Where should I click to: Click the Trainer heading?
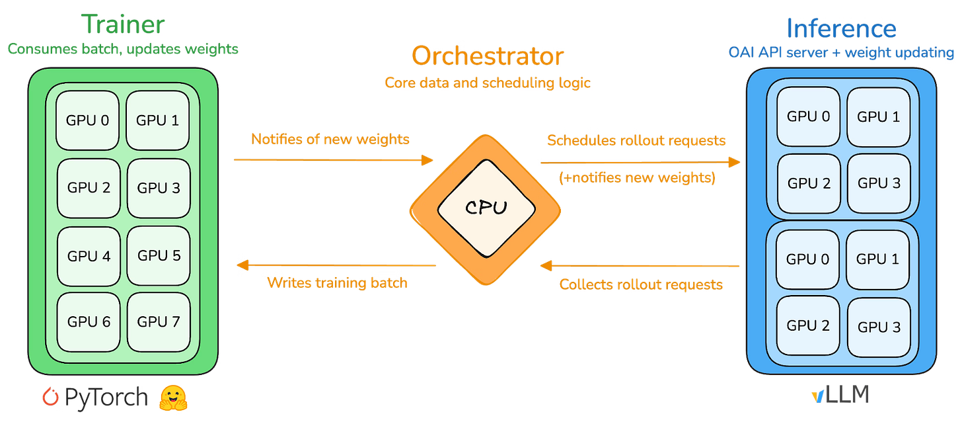click(x=124, y=24)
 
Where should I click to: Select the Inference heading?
click(x=841, y=28)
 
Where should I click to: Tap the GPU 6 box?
click(x=89, y=322)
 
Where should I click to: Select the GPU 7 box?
click(x=159, y=322)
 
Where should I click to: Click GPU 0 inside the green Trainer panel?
click(x=89, y=120)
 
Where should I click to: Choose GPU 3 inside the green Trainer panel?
click(x=159, y=188)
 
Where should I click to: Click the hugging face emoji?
click(x=174, y=397)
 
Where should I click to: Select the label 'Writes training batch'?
click(x=337, y=283)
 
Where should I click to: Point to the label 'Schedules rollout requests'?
click(x=637, y=140)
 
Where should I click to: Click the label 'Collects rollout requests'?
click(x=641, y=284)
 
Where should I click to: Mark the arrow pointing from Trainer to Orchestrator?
click(x=333, y=159)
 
